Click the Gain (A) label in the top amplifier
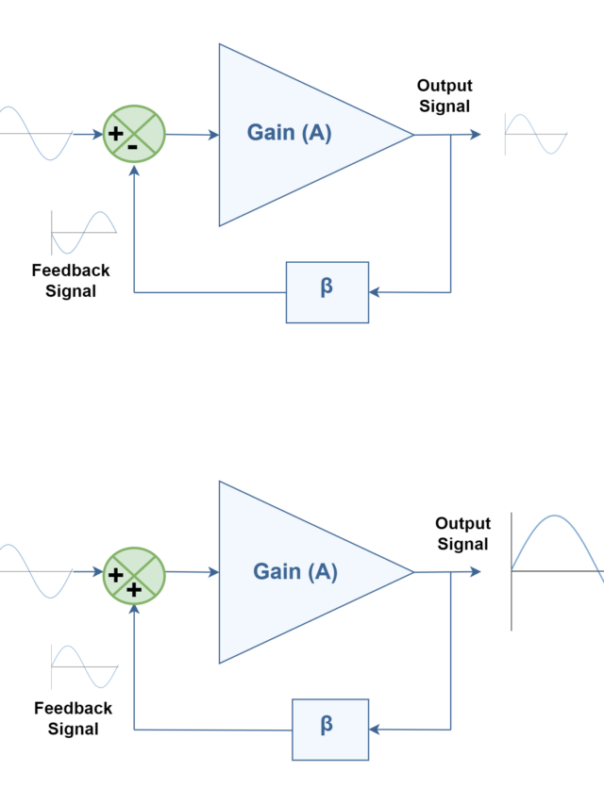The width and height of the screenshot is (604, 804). (289, 133)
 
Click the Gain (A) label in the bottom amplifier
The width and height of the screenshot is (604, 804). (294, 571)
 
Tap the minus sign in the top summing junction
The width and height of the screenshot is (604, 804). (133, 146)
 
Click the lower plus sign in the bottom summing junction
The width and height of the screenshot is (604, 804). (134, 589)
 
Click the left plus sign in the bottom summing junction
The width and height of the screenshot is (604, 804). (116, 573)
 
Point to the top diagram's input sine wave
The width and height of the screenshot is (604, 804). (36, 133)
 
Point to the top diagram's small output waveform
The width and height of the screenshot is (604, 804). (535, 134)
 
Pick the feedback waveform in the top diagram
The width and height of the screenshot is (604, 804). (84, 232)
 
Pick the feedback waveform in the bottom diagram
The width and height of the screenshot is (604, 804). (84, 666)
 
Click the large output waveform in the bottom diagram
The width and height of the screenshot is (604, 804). (557, 571)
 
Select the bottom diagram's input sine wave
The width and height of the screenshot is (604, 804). (36, 571)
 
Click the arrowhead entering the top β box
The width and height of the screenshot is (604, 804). (375, 292)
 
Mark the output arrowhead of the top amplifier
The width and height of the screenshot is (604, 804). (477, 135)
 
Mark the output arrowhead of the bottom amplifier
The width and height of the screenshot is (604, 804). (477, 571)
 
